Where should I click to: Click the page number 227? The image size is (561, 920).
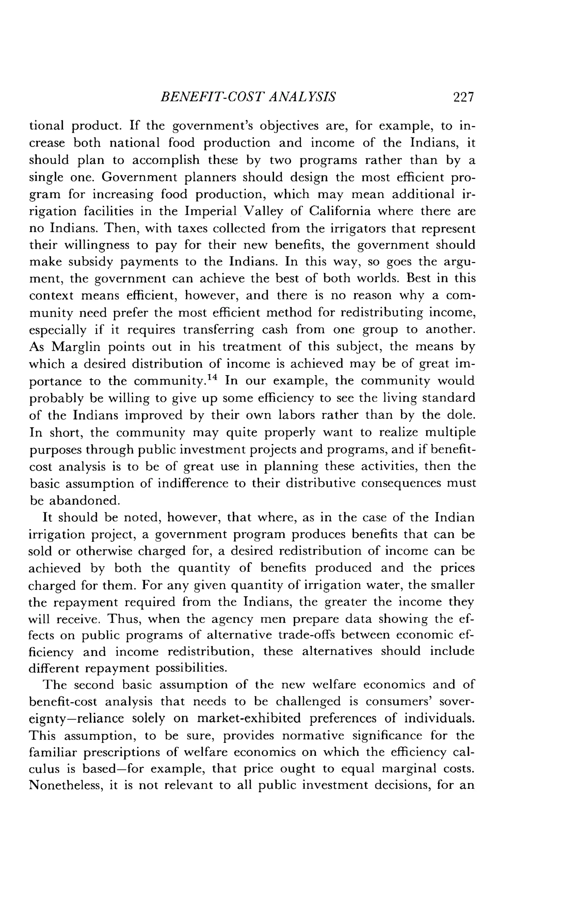coord(463,97)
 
